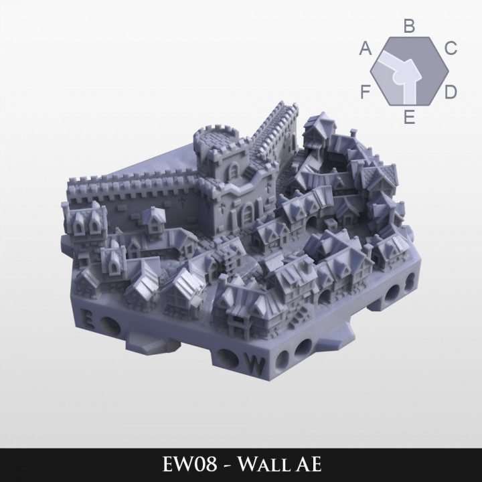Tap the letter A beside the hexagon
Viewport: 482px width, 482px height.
click(366, 48)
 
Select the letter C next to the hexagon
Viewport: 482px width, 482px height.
click(451, 48)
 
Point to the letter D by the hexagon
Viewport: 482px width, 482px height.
click(451, 91)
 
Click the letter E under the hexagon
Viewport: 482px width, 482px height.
click(410, 118)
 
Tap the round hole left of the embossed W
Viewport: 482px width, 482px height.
click(228, 358)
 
